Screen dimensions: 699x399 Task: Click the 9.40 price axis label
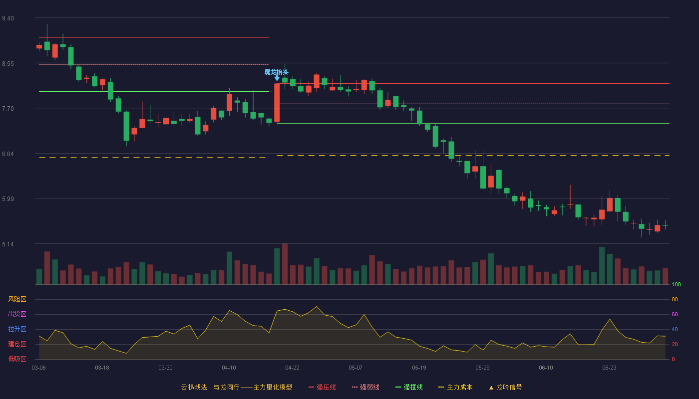8,18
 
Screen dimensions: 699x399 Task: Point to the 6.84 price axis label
8,154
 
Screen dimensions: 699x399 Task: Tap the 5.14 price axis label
8,244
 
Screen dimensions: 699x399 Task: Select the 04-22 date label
292,368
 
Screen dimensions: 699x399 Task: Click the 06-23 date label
609,368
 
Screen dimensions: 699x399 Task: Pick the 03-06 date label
39,368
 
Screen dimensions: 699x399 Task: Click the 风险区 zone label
17,299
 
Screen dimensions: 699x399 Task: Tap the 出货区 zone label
17,314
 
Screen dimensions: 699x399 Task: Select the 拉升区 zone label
17,329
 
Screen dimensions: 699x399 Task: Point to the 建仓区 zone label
17,344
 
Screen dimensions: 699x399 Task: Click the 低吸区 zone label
17,359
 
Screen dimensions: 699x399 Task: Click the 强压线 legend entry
322,387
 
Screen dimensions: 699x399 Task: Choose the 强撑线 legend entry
409,387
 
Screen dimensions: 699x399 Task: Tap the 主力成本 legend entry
455,387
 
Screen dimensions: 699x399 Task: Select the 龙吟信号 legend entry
505,387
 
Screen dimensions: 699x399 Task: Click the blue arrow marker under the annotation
277,78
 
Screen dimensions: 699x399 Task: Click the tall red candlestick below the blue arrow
277,103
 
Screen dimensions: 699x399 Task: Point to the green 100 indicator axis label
676,284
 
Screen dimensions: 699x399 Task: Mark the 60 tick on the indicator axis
675,314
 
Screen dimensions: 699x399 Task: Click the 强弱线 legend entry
365,387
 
